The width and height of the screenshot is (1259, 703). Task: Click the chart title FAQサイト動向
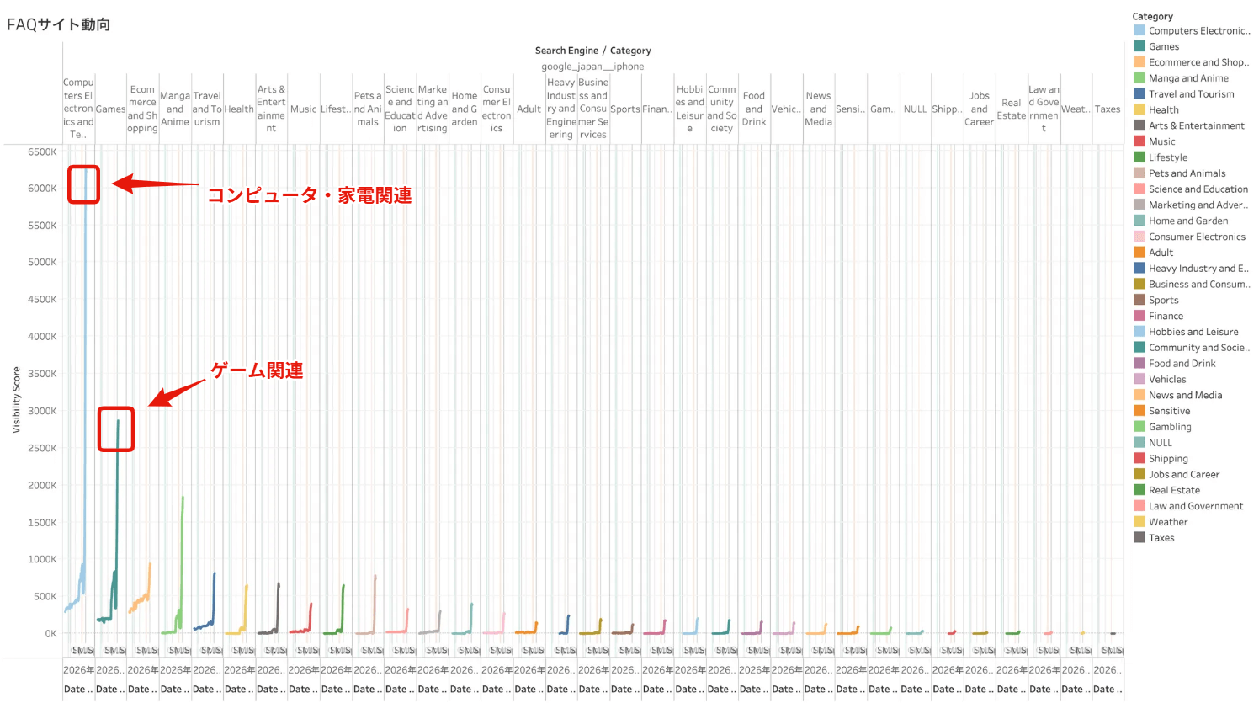click(59, 24)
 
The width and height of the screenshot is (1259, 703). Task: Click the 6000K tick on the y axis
click(42, 189)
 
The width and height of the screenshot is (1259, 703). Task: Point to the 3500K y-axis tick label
click(42, 374)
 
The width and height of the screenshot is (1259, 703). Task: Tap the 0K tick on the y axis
click(50, 634)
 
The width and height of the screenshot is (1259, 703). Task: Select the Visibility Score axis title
click(16, 400)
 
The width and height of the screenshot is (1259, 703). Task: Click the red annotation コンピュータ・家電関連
click(309, 195)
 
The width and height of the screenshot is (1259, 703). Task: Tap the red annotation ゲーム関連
click(257, 370)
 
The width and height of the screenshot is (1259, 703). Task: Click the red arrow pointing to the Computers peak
click(156, 184)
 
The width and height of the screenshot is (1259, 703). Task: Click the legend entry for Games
click(1164, 47)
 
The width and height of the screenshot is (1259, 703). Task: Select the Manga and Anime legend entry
click(1188, 78)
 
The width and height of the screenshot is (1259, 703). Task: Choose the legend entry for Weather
click(1168, 522)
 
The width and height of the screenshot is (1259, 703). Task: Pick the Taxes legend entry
click(1161, 538)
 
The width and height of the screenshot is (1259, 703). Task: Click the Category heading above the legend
click(1152, 16)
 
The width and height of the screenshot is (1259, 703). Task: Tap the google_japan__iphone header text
click(592, 67)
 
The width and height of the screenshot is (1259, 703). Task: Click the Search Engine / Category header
click(592, 51)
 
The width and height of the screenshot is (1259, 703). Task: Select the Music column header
click(303, 109)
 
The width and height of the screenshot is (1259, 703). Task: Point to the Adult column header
click(529, 109)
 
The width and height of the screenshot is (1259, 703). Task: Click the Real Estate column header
click(1011, 109)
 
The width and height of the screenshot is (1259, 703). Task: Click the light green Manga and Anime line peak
click(183, 498)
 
